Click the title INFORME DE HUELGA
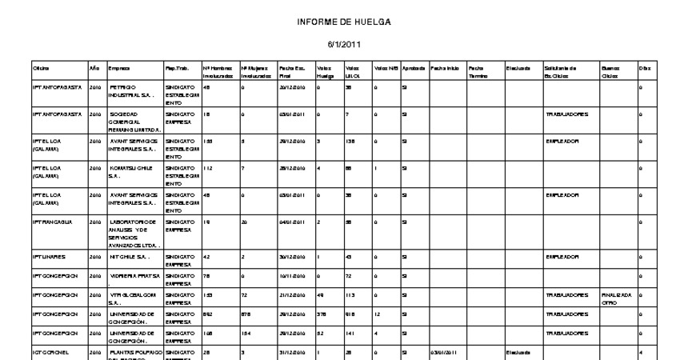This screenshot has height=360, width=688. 344,22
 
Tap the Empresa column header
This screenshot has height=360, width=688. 119,69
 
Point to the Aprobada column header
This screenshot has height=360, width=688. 414,69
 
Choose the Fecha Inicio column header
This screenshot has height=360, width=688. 446,69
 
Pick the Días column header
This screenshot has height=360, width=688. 644,69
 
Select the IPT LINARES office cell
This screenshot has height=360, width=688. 47,258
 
